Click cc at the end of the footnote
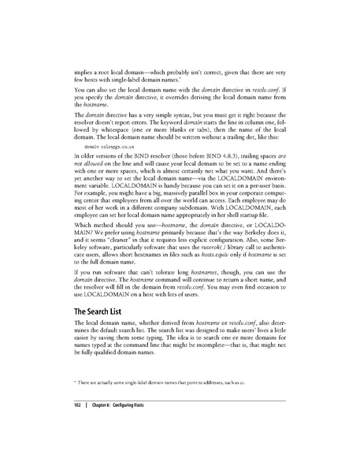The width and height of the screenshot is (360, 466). (x=245, y=404)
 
